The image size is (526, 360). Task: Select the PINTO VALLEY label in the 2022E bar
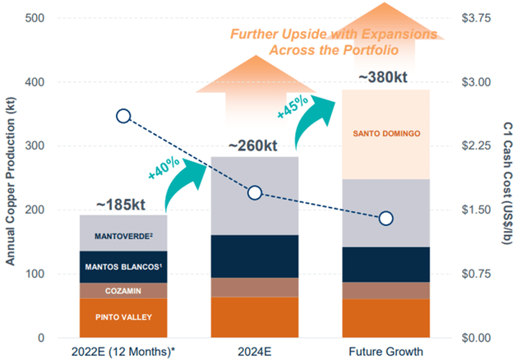[123, 316]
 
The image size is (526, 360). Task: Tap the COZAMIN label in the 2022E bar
[123, 290]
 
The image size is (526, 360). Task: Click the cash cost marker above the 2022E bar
[123, 116]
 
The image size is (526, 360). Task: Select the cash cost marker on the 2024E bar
[255, 192]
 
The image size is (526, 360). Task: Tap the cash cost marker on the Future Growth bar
[385, 218]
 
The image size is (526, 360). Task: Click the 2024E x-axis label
[255, 351]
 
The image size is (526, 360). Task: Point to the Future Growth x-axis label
[385, 351]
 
